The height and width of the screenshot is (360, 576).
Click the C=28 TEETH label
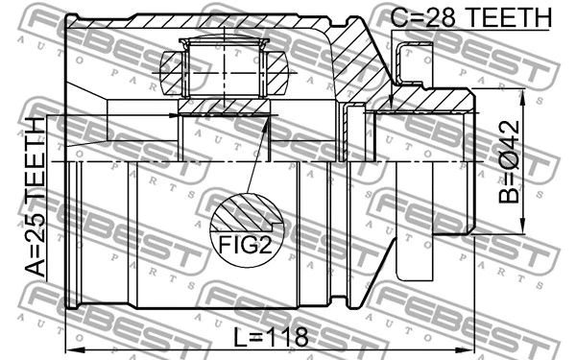471,16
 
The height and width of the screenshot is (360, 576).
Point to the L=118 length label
271,337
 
